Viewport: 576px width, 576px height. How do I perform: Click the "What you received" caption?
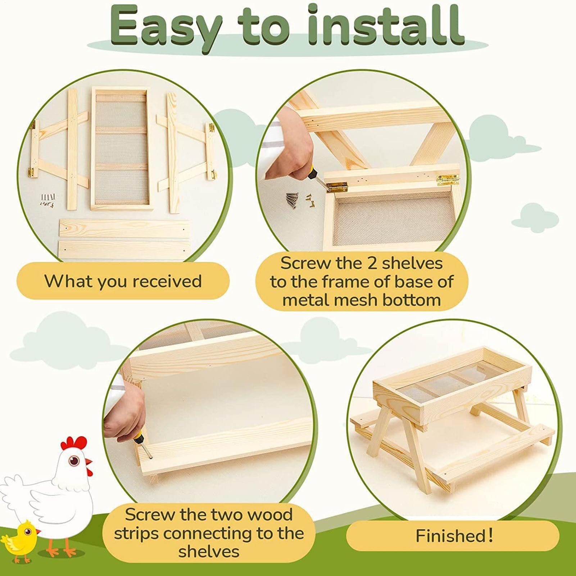coord(123,281)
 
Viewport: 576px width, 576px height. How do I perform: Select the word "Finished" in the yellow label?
coord(450,536)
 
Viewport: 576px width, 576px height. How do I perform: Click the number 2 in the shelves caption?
coord(372,263)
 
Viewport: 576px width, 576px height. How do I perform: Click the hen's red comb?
coord(73,443)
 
